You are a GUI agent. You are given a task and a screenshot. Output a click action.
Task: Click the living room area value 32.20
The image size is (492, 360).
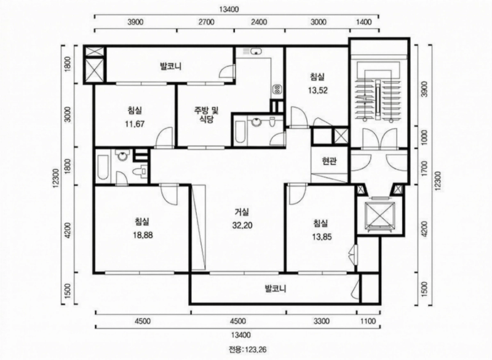coord(242,225)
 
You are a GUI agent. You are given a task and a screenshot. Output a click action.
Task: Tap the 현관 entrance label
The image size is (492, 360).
coord(329,161)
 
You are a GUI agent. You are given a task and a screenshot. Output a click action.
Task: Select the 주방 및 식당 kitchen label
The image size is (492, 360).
coord(206,115)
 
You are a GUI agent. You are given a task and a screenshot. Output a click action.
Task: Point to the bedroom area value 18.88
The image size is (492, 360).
coord(143,234)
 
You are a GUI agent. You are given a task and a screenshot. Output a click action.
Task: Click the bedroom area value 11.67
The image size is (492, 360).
coord(135,124)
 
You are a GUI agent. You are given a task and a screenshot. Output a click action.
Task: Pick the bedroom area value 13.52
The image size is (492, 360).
coord(317,90)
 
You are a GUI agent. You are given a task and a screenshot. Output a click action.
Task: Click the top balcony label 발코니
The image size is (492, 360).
coord(171,66)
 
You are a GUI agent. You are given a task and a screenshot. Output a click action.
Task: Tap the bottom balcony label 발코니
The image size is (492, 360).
coord(276,288)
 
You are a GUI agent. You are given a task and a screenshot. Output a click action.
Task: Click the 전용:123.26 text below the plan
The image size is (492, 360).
coord(248,349)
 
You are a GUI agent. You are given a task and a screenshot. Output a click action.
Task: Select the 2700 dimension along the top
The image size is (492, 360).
coord(207,22)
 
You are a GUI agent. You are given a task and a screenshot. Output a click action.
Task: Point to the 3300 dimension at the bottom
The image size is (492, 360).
coord(322,321)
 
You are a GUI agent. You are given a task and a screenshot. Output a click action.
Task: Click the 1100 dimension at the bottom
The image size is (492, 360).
coord(368,321)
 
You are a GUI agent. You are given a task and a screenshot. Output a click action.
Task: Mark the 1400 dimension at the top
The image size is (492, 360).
coord(364,22)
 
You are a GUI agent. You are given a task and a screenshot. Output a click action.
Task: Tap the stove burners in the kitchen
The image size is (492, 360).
coord(277,89)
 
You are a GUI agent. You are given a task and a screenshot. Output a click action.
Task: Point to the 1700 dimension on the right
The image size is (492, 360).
coord(424,166)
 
